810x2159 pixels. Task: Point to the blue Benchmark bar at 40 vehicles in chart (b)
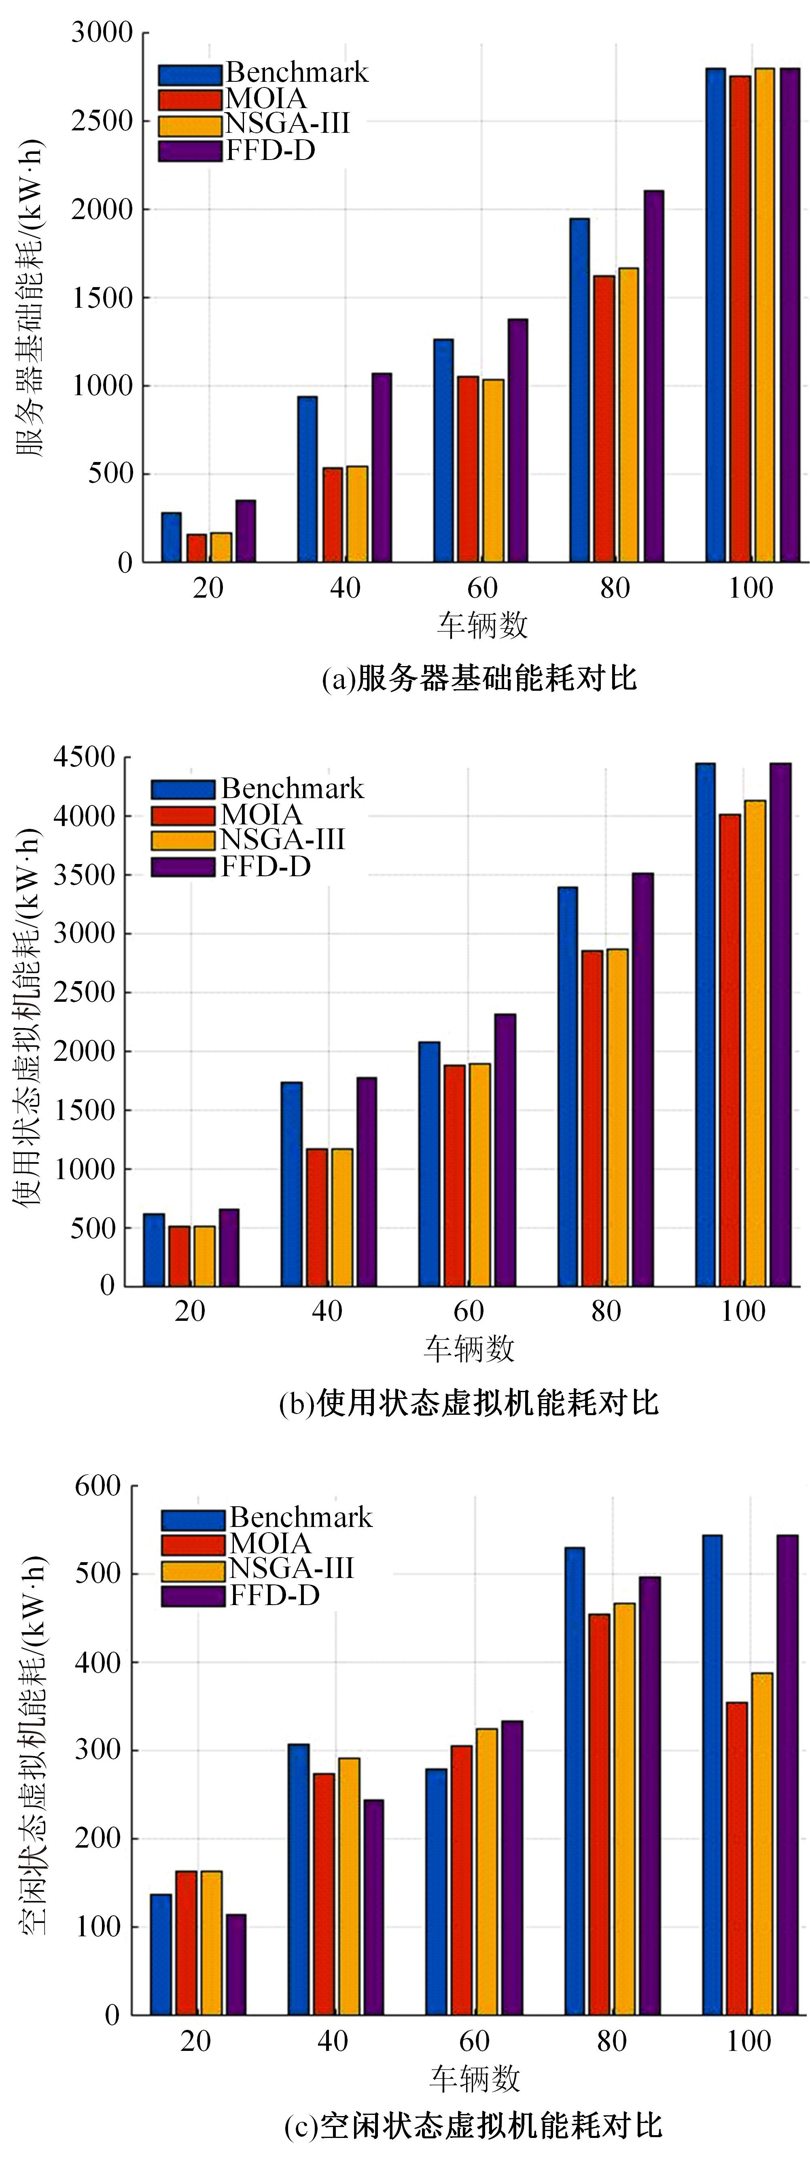291,1184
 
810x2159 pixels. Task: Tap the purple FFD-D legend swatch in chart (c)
193,1596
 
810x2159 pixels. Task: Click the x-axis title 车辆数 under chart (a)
483,624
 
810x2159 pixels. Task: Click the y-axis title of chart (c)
32,1752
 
